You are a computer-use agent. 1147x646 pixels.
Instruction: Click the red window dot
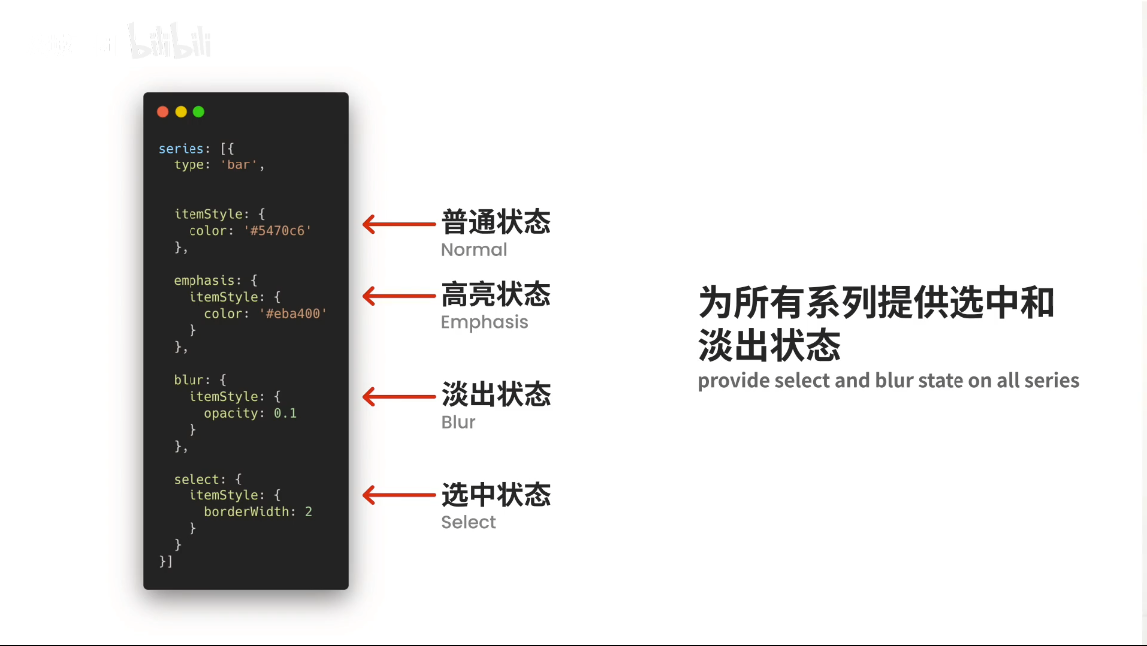163,112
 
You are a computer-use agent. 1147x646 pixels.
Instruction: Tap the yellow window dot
181,112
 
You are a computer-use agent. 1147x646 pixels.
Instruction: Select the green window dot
198,112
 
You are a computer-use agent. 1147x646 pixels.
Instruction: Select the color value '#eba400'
292,314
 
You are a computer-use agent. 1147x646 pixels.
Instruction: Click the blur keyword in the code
189,380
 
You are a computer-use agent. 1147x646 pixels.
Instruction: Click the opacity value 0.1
285,413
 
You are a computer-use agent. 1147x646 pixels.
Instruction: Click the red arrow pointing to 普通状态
398,224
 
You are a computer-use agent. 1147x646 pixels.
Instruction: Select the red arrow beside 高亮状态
398,296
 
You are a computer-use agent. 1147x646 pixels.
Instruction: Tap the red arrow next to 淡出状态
398,397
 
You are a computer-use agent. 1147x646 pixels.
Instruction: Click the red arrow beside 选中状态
398,495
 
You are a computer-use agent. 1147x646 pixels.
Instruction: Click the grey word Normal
474,250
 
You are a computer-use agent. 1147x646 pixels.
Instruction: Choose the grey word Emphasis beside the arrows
484,322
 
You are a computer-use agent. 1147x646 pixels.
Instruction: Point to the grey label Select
468,522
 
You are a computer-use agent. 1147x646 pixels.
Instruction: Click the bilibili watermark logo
170,43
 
